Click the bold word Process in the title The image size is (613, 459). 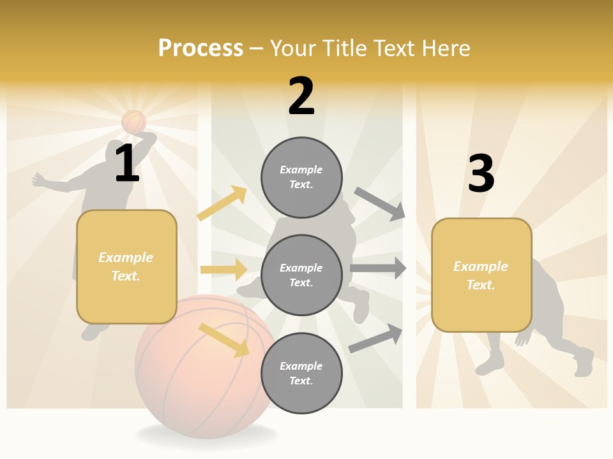201,48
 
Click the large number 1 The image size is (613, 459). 127,164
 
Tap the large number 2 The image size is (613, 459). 301,96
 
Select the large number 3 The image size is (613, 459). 481,174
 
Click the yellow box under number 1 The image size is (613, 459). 126,266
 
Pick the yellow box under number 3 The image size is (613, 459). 481,275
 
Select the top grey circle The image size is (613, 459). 301,177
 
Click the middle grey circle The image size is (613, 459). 301,275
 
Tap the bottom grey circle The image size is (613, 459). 301,373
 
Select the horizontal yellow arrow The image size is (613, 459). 223,270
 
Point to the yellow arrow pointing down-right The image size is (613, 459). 223,340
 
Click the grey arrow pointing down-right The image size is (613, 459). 380,204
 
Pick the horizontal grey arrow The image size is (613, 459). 378,268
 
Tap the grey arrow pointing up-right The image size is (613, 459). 376,338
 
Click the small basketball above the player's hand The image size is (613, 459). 134,121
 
